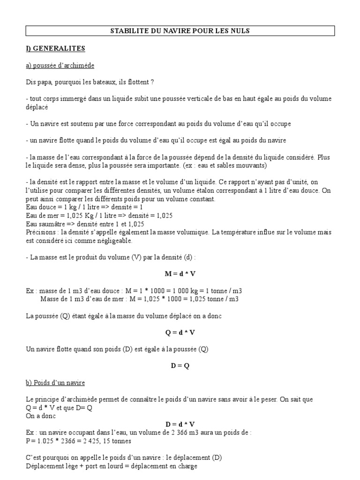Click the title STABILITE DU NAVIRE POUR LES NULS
(180, 31)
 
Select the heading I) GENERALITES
(55, 48)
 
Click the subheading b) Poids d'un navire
(55, 382)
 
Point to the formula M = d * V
(180, 274)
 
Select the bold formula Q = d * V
(180, 332)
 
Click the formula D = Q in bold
(180, 366)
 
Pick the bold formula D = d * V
(180, 424)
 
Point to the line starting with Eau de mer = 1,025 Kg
(99, 215)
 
